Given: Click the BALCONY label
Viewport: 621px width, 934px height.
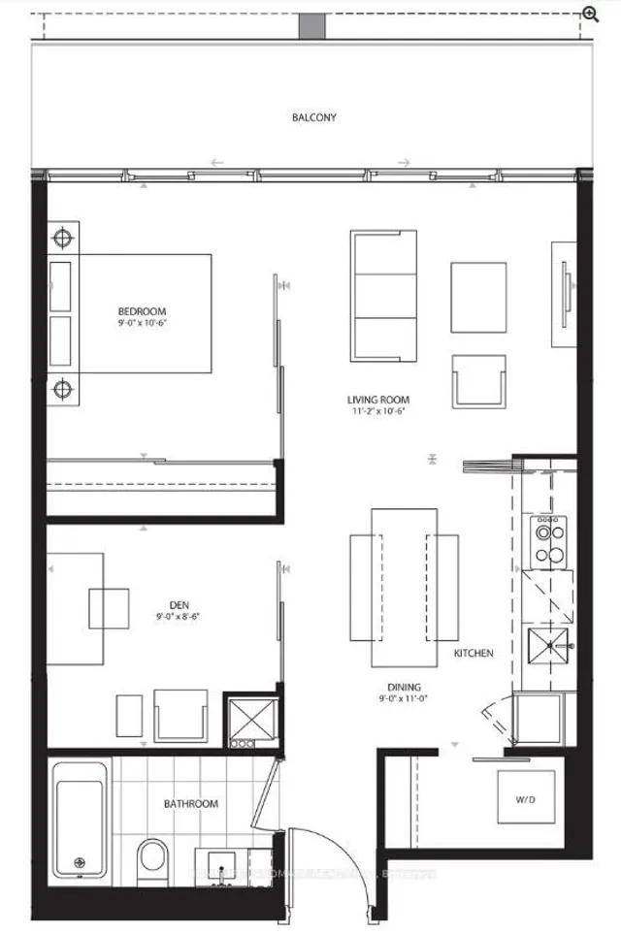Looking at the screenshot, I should point(314,118).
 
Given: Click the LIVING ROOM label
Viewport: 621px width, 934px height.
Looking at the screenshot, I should point(378,399).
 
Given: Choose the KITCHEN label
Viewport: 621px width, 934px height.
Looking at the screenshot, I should point(474,654).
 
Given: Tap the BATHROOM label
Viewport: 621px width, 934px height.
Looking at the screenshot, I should point(190,804).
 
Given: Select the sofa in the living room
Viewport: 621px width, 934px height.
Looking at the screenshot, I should point(383,296).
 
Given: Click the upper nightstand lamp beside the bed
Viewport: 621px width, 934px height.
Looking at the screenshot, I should point(63,238).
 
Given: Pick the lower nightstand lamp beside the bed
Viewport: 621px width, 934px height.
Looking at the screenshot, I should point(63,390).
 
